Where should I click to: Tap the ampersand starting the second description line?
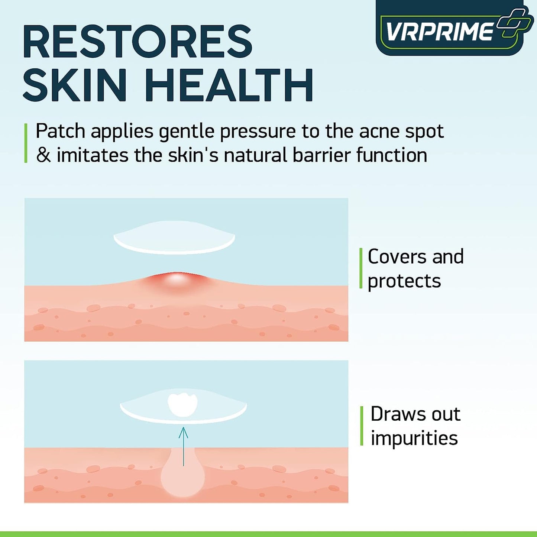point(43,155)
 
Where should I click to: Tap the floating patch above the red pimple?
point(174,238)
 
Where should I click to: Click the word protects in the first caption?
point(404,281)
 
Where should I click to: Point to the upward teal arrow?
point(183,446)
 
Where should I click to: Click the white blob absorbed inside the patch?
point(182,404)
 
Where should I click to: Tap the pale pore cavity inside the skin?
point(182,478)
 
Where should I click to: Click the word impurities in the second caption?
point(414,438)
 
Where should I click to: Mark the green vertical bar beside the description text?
point(26,143)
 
